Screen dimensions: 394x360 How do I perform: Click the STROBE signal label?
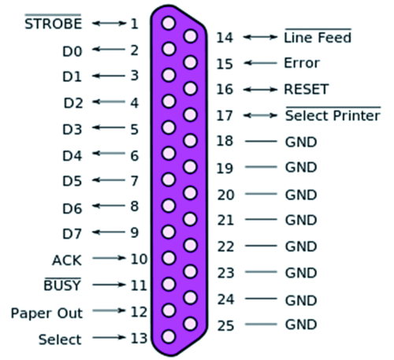[53, 24]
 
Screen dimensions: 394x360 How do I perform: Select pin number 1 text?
[135, 24]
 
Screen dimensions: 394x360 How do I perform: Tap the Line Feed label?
[318, 37]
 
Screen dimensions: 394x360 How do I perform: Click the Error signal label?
[302, 63]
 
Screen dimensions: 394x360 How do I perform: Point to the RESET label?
[307, 89]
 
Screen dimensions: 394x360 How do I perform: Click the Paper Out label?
[46, 314]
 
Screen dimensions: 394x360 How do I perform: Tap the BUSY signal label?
[62, 285]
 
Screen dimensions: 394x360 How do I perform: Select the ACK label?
[67, 260]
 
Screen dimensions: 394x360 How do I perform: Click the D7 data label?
[72, 234]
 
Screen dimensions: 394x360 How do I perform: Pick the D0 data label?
[72, 51]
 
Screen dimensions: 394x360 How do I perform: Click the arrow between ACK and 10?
[109, 258]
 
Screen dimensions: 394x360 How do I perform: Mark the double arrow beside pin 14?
[260, 37]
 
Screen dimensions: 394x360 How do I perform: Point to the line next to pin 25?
[261, 325]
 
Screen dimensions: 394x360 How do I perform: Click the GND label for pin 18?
[301, 142]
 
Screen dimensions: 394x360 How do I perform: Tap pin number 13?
[139, 339]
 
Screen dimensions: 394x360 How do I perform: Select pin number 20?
[225, 195]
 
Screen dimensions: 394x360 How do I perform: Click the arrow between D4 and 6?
[109, 153]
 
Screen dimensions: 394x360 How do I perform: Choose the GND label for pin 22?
[301, 247]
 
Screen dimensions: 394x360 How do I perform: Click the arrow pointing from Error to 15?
[260, 63]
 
